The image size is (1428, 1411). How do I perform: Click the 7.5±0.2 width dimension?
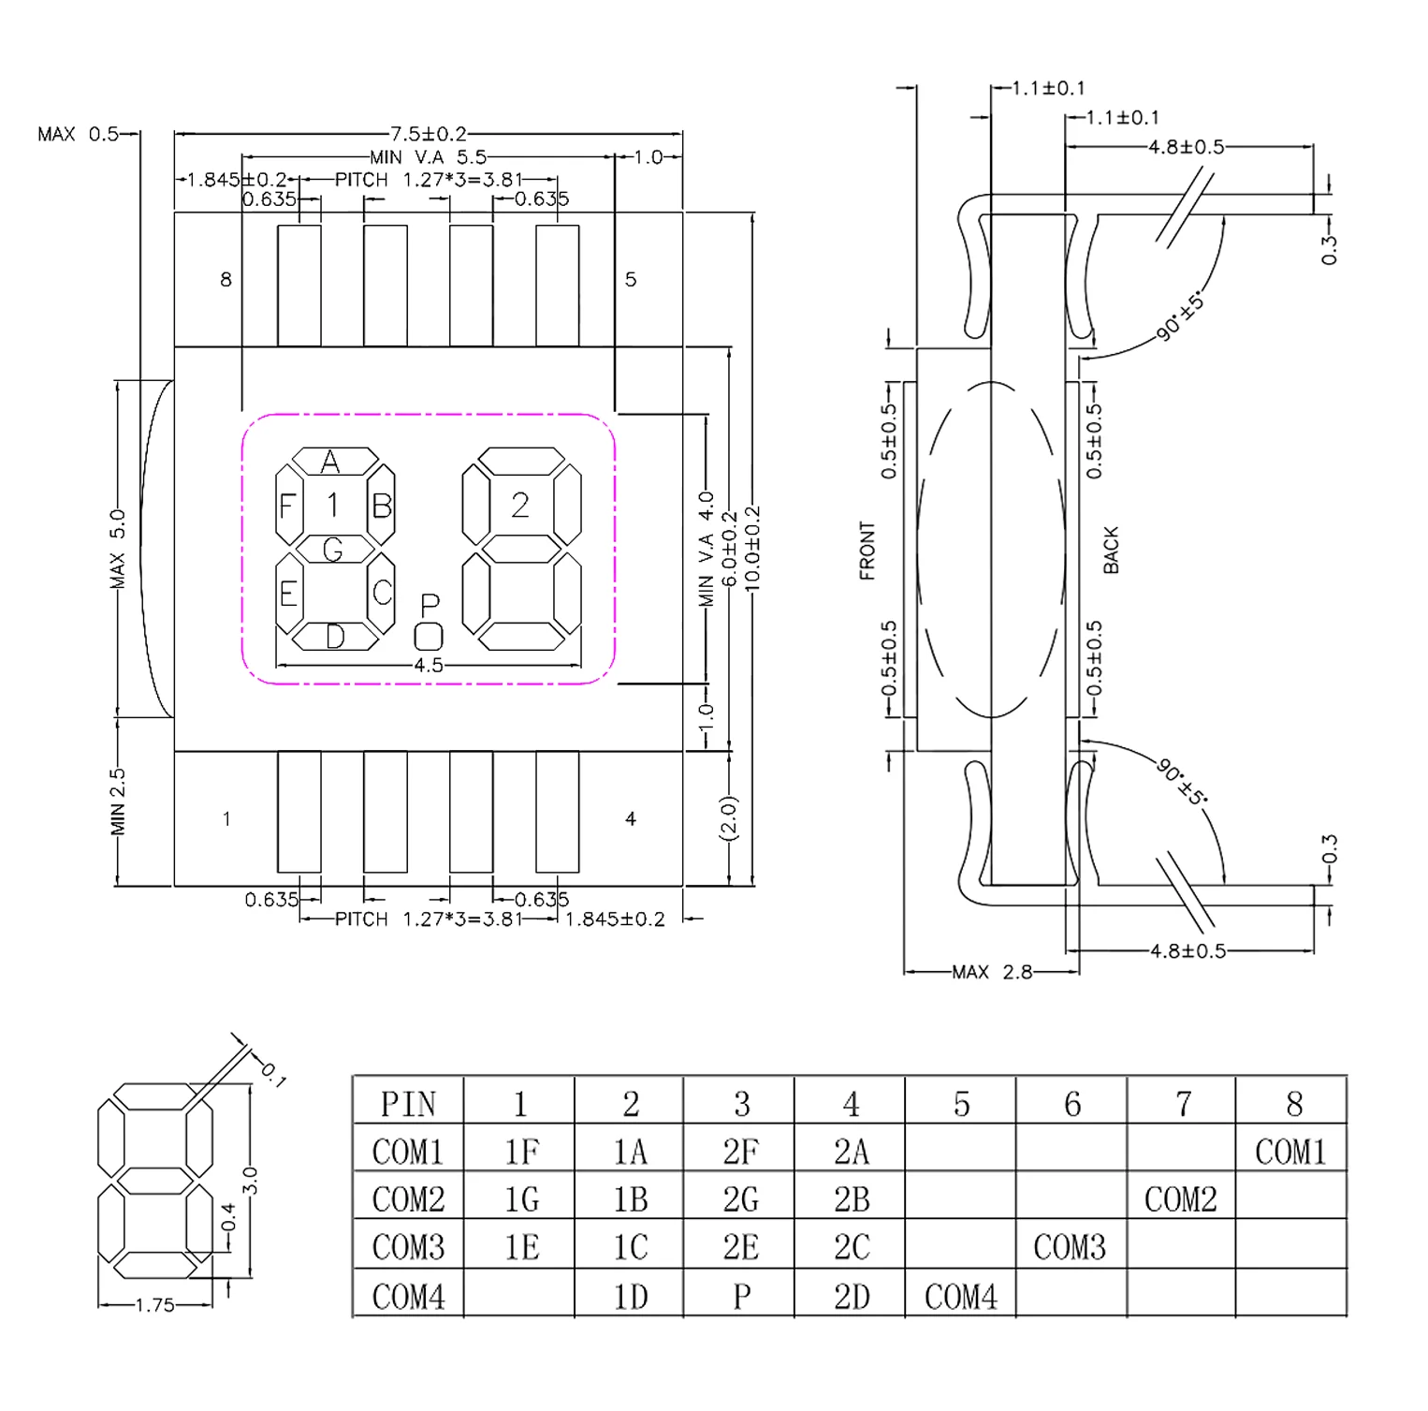coord(428,134)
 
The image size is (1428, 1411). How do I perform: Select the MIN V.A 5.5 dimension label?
coord(428,157)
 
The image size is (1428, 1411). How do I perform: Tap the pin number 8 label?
coord(226,279)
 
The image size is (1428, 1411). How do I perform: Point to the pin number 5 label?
coord(631,279)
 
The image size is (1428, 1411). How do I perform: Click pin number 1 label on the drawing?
coord(226,819)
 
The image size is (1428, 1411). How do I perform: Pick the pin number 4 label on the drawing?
coord(631,819)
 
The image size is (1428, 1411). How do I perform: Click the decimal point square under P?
coord(429,637)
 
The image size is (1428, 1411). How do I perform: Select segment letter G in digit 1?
coord(333,550)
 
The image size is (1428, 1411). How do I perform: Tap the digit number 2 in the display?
coord(520,506)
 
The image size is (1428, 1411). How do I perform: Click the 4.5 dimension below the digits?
coord(429,666)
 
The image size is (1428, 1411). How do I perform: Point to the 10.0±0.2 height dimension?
coord(753,549)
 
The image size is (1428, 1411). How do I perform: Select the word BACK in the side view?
coord(1111,550)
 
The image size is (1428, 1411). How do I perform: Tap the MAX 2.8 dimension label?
coord(992,973)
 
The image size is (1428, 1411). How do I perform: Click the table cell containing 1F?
coord(520,1152)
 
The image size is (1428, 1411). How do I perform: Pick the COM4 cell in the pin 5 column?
coord(961,1297)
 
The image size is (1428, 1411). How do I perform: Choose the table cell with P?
coord(741,1297)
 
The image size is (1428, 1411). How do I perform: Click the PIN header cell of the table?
coord(409,1104)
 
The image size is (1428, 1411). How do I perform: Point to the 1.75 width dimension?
coord(154,1305)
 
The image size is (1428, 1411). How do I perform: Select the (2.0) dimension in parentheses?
coord(729,818)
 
